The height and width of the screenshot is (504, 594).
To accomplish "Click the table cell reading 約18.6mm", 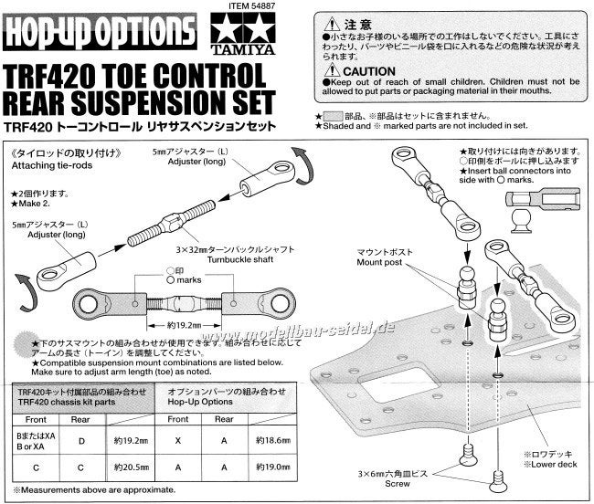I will point(261,439).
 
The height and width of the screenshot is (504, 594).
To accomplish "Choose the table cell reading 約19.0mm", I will point(261,466).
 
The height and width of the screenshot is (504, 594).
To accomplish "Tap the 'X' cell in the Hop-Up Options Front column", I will point(175,439).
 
